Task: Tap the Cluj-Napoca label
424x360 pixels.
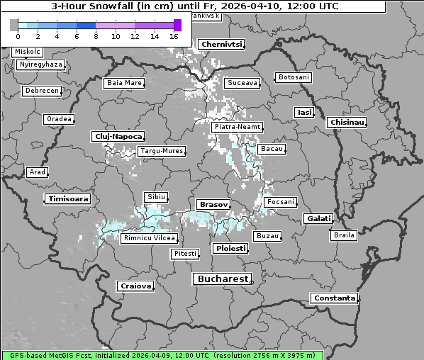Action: [118, 136]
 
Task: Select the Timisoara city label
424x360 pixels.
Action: [68, 199]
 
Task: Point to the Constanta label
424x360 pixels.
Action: [335, 298]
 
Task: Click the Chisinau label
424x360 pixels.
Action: [347, 123]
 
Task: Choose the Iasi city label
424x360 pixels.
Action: [304, 112]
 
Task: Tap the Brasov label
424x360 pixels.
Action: [213, 204]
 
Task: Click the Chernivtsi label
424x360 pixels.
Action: [222, 44]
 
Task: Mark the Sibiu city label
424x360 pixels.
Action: [155, 196]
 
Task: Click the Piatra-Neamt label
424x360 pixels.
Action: [237, 127]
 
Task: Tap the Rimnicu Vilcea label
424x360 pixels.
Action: [148, 238]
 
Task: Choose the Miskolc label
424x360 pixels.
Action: [28, 52]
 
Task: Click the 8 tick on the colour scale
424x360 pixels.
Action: [96, 35]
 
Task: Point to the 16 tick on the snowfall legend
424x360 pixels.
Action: [174, 35]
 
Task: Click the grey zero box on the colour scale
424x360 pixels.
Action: [14, 25]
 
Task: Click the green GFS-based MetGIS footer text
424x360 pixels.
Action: [162, 354]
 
